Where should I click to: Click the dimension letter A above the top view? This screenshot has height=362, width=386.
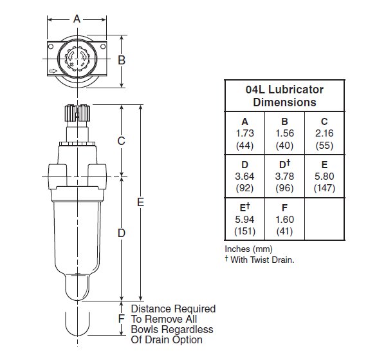77,19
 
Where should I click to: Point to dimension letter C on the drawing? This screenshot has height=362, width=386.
121,140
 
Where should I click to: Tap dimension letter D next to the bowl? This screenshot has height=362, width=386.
121,233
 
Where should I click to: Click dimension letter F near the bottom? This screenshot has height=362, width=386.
121,319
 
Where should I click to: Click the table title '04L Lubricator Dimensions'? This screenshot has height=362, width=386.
284,96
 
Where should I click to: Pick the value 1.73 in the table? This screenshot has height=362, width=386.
246,133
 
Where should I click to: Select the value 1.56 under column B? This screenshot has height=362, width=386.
284,133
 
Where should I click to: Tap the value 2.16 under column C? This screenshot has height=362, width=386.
324,133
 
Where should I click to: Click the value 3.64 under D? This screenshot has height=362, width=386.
246,176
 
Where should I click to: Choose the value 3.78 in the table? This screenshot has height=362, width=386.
284,176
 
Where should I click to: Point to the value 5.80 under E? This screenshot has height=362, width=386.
324,176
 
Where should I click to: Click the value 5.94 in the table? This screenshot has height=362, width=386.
246,219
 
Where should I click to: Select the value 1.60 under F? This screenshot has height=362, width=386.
284,219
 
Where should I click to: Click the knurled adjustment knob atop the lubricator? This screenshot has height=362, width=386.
77,115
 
